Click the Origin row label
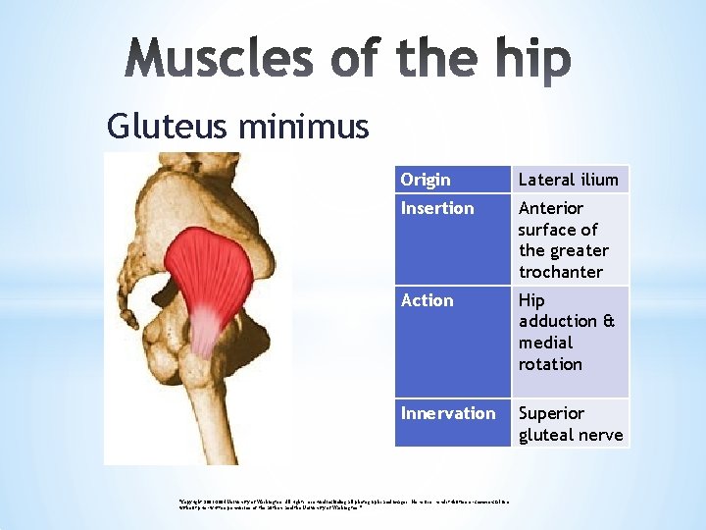(426, 180)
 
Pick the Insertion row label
(437, 208)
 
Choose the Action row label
(428, 300)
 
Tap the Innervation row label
(448, 413)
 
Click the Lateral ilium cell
(569, 180)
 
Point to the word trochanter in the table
(561, 272)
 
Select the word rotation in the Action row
(550, 364)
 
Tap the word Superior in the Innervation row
(551, 413)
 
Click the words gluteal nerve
(571, 435)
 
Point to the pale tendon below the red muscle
(203, 329)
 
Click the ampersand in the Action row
(609, 322)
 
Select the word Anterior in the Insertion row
(551, 208)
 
